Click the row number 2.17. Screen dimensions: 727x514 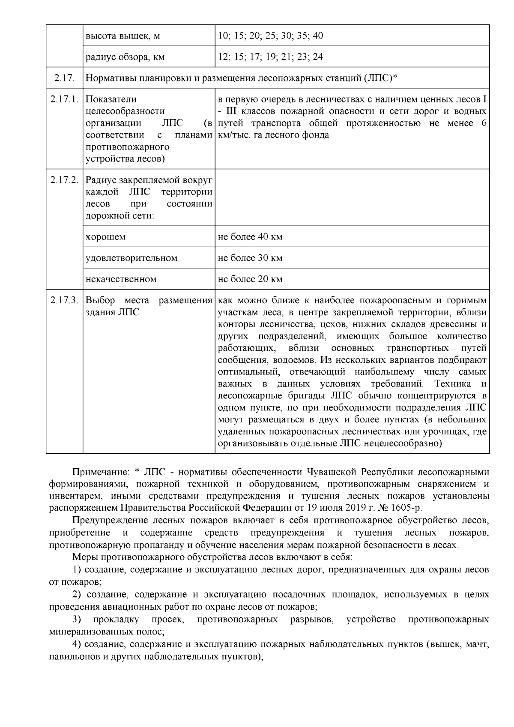pos(64,78)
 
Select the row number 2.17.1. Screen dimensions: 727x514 pos(64,99)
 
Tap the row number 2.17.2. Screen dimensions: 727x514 pos(64,180)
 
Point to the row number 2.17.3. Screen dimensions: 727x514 pos(64,300)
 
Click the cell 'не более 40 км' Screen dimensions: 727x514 pos(250,236)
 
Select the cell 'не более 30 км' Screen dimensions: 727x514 pos(250,258)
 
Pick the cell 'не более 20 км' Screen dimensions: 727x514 pos(250,279)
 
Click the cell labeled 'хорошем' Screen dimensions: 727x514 pos(105,237)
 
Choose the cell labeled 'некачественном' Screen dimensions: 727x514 pos(121,279)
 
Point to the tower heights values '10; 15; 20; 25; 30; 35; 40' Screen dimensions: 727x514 pos(270,36)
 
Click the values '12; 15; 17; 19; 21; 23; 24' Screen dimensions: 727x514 pos(270,57)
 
